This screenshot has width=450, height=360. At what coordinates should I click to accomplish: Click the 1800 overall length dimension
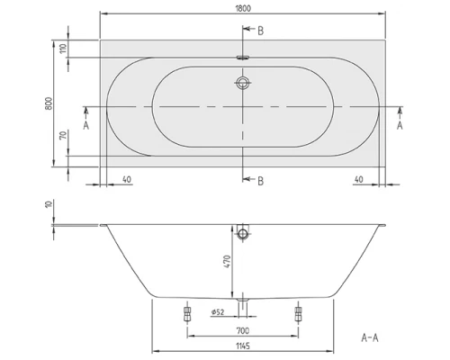pyautogui.click(x=243, y=8)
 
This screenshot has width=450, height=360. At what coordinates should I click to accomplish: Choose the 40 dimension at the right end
pyautogui.click(x=359, y=178)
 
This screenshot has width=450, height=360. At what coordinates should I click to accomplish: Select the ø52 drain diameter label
pyautogui.click(x=217, y=312)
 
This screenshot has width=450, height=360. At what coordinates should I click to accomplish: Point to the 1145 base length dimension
pyautogui.click(x=242, y=346)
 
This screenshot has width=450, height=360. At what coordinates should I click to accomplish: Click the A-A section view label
pyautogui.click(x=369, y=337)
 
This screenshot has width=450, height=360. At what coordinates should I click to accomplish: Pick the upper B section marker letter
pyautogui.click(x=260, y=31)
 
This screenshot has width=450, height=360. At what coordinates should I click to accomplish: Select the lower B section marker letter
pyautogui.click(x=260, y=181)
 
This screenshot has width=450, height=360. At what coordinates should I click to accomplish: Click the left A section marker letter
pyautogui.click(x=85, y=127)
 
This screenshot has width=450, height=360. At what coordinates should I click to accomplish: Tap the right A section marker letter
pyautogui.click(x=399, y=127)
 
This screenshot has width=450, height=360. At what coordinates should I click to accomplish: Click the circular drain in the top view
pyautogui.click(x=242, y=85)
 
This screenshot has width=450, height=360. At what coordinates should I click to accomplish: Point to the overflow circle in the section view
pyautogui.click(x=242, y=235)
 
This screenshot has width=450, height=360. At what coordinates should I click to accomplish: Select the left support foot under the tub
pyautogui.click(x=186, y=314)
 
